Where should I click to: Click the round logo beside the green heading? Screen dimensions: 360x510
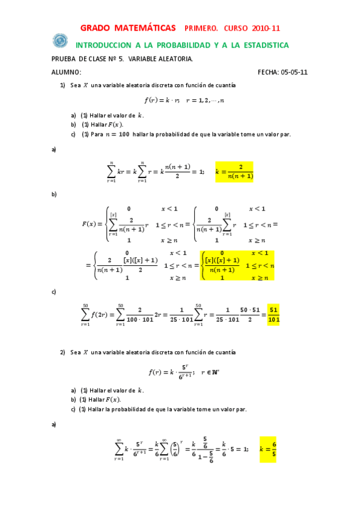[60, 40]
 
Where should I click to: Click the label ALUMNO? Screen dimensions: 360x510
[67, 72]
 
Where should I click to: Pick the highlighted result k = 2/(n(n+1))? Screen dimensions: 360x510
[234, 171]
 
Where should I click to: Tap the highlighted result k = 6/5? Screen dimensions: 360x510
[267, 449]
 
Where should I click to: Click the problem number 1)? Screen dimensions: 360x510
[63, 85]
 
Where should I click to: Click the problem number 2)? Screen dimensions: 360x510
[63, 352]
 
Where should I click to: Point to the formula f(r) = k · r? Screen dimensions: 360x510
[162, 100]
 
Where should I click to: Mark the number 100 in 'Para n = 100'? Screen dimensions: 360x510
[124, 134]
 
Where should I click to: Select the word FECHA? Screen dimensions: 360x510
[267, 72]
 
